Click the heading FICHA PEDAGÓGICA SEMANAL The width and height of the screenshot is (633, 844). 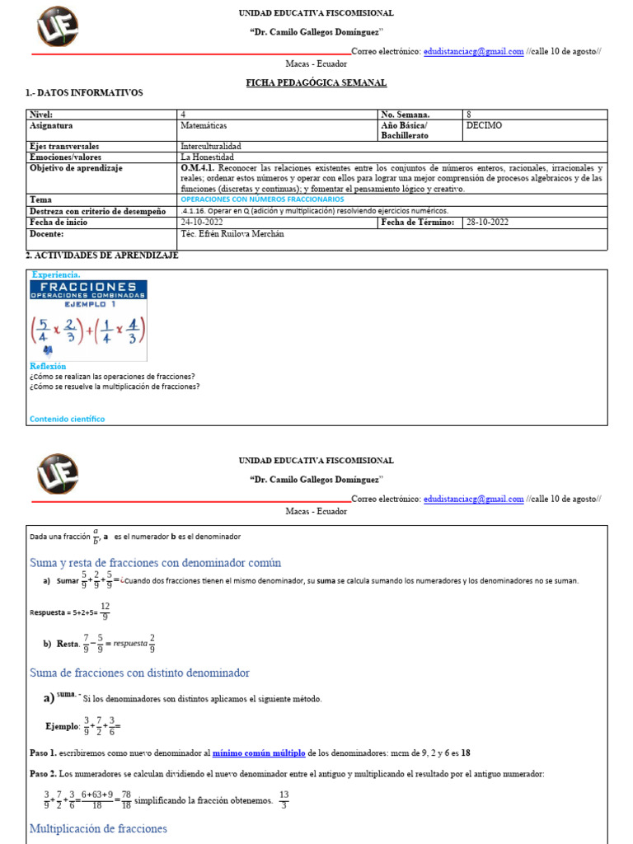(316, 83)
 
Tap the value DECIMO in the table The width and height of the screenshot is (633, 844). (484, 126)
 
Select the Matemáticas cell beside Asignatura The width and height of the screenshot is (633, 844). (204, 126)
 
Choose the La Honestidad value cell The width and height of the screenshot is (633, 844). (207, 157)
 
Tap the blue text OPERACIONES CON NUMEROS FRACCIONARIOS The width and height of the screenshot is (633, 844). (262, 199)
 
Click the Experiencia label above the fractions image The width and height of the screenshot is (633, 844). (56, 274)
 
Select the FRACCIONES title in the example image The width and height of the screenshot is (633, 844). (87, 287)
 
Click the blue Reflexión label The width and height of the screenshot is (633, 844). (48, 366)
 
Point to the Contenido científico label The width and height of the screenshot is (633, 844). (67, 419)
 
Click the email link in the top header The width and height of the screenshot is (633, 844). (473, 51)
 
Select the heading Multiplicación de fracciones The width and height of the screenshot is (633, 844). (98, 828)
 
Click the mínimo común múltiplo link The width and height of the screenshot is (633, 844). (259, 753)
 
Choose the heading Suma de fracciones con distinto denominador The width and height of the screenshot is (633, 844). (139, 673)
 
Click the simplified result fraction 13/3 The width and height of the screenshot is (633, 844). (284, 799)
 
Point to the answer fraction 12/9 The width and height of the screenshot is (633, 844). (105, 611)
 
